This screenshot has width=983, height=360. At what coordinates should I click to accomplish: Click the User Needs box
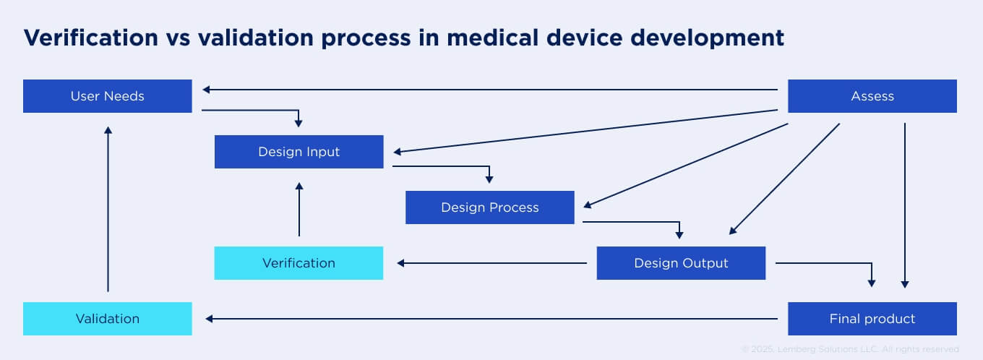[x=107, y=96]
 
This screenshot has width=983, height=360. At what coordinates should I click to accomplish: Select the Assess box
[x=872, y=96]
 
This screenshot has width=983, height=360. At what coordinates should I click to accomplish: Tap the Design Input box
[x=299, y=152]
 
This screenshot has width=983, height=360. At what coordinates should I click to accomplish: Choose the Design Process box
[x=489, y=207]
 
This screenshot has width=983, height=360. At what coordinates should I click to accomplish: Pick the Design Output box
[x=680, y=263]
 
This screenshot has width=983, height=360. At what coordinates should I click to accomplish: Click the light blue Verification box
[x=299, y=263]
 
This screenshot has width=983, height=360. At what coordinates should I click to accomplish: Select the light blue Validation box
[x=107, y=319]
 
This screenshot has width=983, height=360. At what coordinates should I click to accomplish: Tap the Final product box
[x=872, y=319]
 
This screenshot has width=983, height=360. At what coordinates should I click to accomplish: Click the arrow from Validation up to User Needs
[x=108, y=210]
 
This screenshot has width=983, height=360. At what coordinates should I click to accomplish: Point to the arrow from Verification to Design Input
[x=299, y=210]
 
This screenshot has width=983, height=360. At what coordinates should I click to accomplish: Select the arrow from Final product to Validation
[x=491, y=319]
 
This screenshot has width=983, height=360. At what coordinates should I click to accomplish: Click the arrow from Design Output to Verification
[x=491, y=263]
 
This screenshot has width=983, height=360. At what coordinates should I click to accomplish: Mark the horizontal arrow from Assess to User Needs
[x=491, y=90]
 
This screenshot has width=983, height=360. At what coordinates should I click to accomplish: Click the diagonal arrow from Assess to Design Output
[x=784, y=179]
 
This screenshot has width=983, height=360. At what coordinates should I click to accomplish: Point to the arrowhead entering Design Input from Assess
[x=398, y=152]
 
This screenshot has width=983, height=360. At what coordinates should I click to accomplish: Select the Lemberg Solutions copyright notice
[x=850, y=349]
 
